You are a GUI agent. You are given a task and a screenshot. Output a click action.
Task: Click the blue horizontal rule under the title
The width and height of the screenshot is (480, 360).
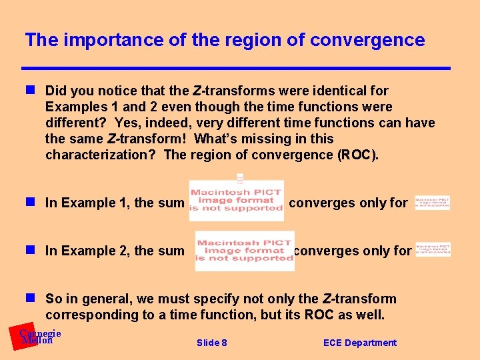tap(237, 68)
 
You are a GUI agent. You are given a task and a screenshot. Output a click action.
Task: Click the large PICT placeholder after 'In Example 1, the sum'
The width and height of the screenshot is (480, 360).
tap(237, 199)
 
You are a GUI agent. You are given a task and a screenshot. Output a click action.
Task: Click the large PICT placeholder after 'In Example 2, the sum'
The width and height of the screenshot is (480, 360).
tap(244, 251)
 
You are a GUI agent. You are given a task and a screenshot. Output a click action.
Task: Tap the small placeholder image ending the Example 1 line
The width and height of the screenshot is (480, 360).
tap(432, 202)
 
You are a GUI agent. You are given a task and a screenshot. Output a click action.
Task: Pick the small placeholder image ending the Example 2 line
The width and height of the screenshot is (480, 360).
tap(433, 249)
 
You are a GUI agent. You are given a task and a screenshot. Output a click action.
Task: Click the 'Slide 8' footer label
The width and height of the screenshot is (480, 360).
tap(211, 343)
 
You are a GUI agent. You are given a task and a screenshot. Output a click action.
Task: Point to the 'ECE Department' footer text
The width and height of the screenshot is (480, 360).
tap(359, 343)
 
